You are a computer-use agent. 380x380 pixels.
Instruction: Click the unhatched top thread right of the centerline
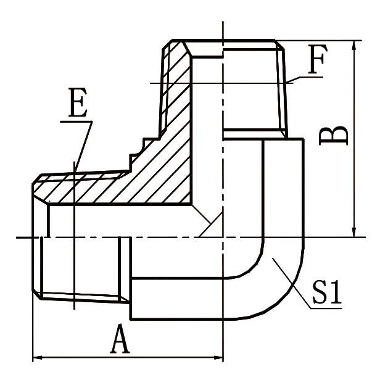pos(253,86)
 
